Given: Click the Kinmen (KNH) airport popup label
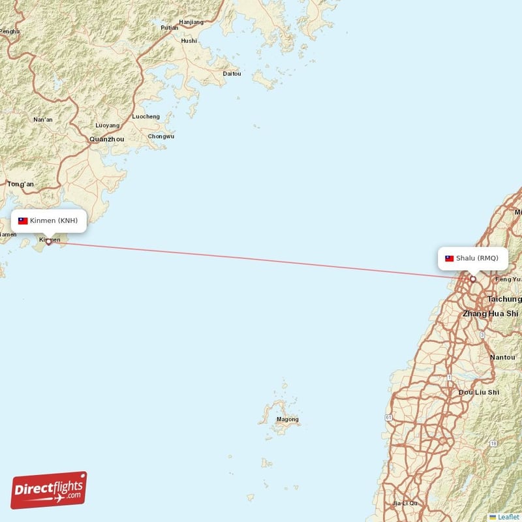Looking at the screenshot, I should coord(49,221).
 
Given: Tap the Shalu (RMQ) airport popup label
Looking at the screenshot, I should coord(472,258).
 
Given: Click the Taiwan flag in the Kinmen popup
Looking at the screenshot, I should coord(23,221).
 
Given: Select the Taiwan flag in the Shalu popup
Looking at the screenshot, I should coord(450,258).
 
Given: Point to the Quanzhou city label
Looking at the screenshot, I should coord(106,139).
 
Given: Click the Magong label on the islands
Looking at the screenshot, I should coord(287,420).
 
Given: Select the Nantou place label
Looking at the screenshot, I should coord(502,358).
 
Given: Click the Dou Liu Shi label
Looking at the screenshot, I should coord(479,392).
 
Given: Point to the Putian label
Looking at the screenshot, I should coord(169,27).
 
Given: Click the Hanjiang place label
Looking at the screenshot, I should coord(191,22).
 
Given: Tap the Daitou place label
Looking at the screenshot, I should coord(232,74).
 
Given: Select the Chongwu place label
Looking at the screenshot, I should coord(161,136).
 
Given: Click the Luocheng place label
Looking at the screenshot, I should coord(146,117).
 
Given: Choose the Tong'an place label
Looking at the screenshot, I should coord(20,185).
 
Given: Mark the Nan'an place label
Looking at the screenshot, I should coord(43,120).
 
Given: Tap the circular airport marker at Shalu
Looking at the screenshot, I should coord(473,279).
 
